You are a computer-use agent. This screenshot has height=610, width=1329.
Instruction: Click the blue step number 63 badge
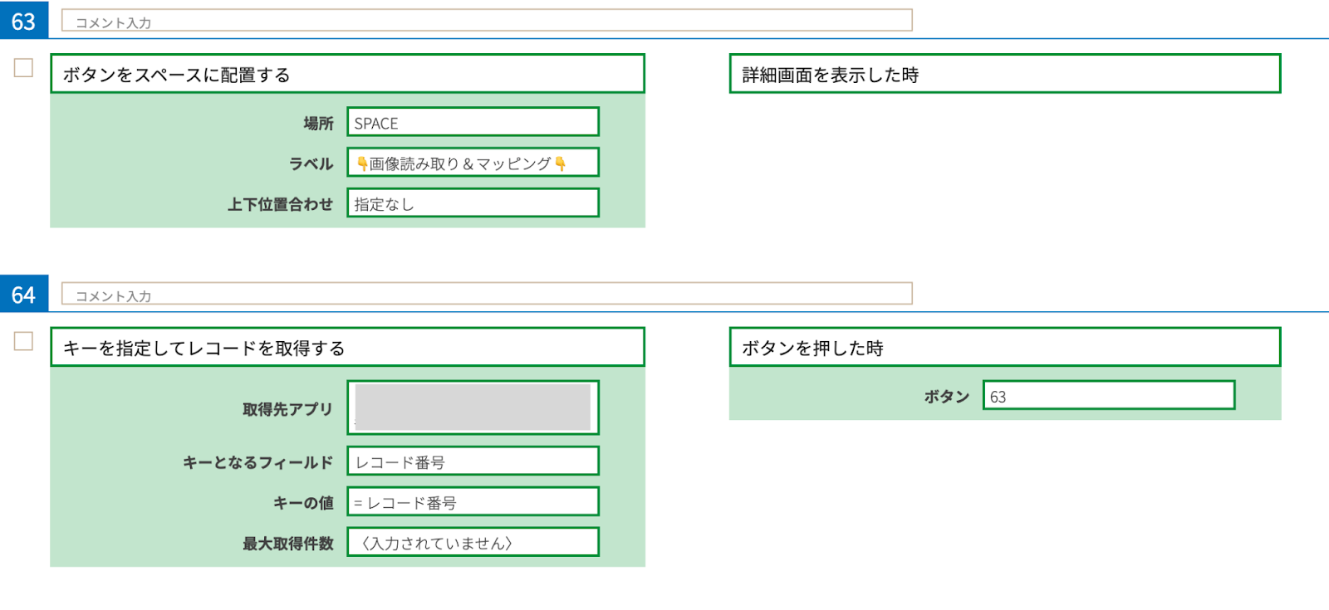point(24,20)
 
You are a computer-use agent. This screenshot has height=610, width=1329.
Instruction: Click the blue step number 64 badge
point(24,294)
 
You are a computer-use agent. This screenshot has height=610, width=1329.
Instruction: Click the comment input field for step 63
point(487,21)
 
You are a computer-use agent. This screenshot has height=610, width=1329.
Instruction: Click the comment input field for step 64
point(487,294)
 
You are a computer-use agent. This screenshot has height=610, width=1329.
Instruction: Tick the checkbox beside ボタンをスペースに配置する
point(23,68)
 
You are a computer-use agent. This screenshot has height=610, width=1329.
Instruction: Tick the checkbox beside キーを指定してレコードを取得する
point(23,341)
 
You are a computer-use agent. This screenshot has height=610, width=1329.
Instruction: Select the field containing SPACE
point(473,122)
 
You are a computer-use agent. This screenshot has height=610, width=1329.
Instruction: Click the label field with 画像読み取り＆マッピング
point(473,163)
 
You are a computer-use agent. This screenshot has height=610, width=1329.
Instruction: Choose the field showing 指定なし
point(473,203)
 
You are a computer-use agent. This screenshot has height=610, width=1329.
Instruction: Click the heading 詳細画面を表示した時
point(1004,74)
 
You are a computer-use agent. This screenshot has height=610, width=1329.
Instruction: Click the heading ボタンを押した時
point(1004,347)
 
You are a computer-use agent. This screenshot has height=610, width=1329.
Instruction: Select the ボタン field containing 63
point(1108,396)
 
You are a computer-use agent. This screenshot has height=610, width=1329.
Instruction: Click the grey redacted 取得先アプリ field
point(473,407)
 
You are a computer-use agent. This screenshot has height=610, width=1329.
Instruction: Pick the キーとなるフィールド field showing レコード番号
point(473,461)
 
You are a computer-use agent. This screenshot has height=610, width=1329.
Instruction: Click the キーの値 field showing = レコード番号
point(473,502)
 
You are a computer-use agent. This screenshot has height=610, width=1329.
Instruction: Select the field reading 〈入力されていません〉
point(473,543)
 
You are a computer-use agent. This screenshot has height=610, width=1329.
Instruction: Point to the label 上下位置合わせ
point(280,204)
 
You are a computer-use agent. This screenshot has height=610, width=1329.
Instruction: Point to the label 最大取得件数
point(287,544)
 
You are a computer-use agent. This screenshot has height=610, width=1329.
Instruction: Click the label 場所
point(318,124)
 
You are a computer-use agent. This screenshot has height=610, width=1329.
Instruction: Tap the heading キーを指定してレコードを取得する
point(347,348)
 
